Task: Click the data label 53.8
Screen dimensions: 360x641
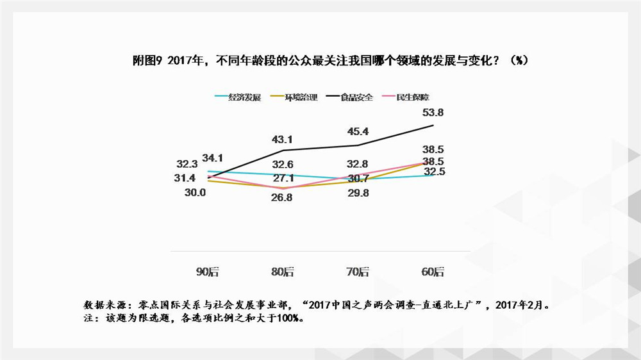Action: tap(432, 113)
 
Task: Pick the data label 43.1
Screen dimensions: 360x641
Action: tap(282, 138)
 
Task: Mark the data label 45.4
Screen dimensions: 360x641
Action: tap(357, 132)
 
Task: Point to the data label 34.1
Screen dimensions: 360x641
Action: tap(213, 158)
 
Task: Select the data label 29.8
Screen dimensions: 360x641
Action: tap(357, 193)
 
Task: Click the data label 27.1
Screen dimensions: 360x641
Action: tap(282, 177)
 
